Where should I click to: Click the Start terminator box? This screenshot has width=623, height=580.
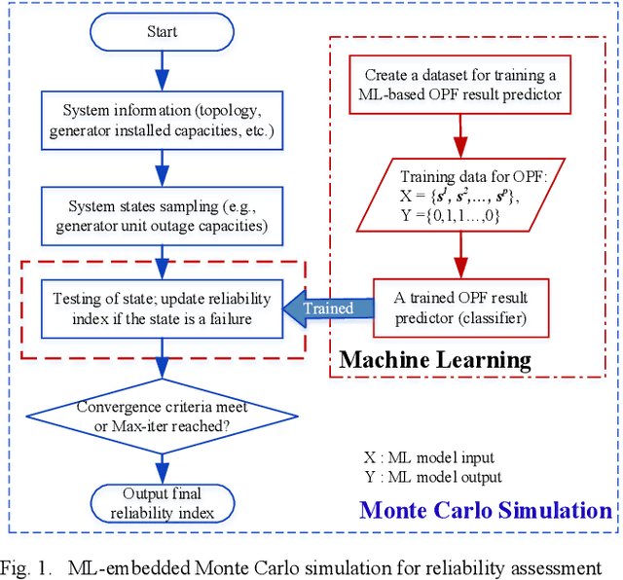163,31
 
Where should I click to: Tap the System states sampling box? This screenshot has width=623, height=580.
163,214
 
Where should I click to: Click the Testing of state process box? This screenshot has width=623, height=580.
163,308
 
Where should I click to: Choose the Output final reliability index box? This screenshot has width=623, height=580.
163,502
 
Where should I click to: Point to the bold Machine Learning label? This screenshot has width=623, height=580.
435,360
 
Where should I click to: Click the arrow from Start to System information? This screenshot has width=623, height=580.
163,69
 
